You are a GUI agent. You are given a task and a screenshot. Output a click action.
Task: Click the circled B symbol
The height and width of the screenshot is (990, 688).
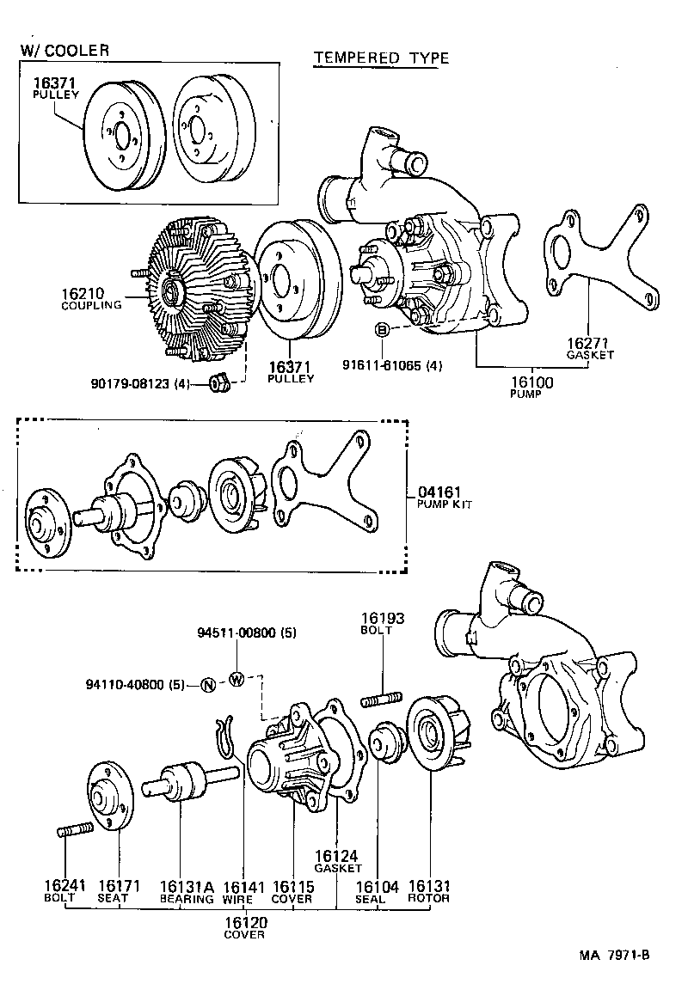point(383,330)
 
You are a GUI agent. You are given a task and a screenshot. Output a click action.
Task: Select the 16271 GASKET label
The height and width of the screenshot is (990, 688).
point(589,348)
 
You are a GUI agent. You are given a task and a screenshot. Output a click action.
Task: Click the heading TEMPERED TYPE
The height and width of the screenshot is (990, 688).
point(381,58)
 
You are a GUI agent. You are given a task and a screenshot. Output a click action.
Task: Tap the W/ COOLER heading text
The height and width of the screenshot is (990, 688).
point(65,51)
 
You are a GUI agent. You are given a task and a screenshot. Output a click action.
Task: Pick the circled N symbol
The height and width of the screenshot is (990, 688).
point(207,685)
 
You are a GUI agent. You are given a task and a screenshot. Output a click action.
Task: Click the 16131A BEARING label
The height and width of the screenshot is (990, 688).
point(185,891)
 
